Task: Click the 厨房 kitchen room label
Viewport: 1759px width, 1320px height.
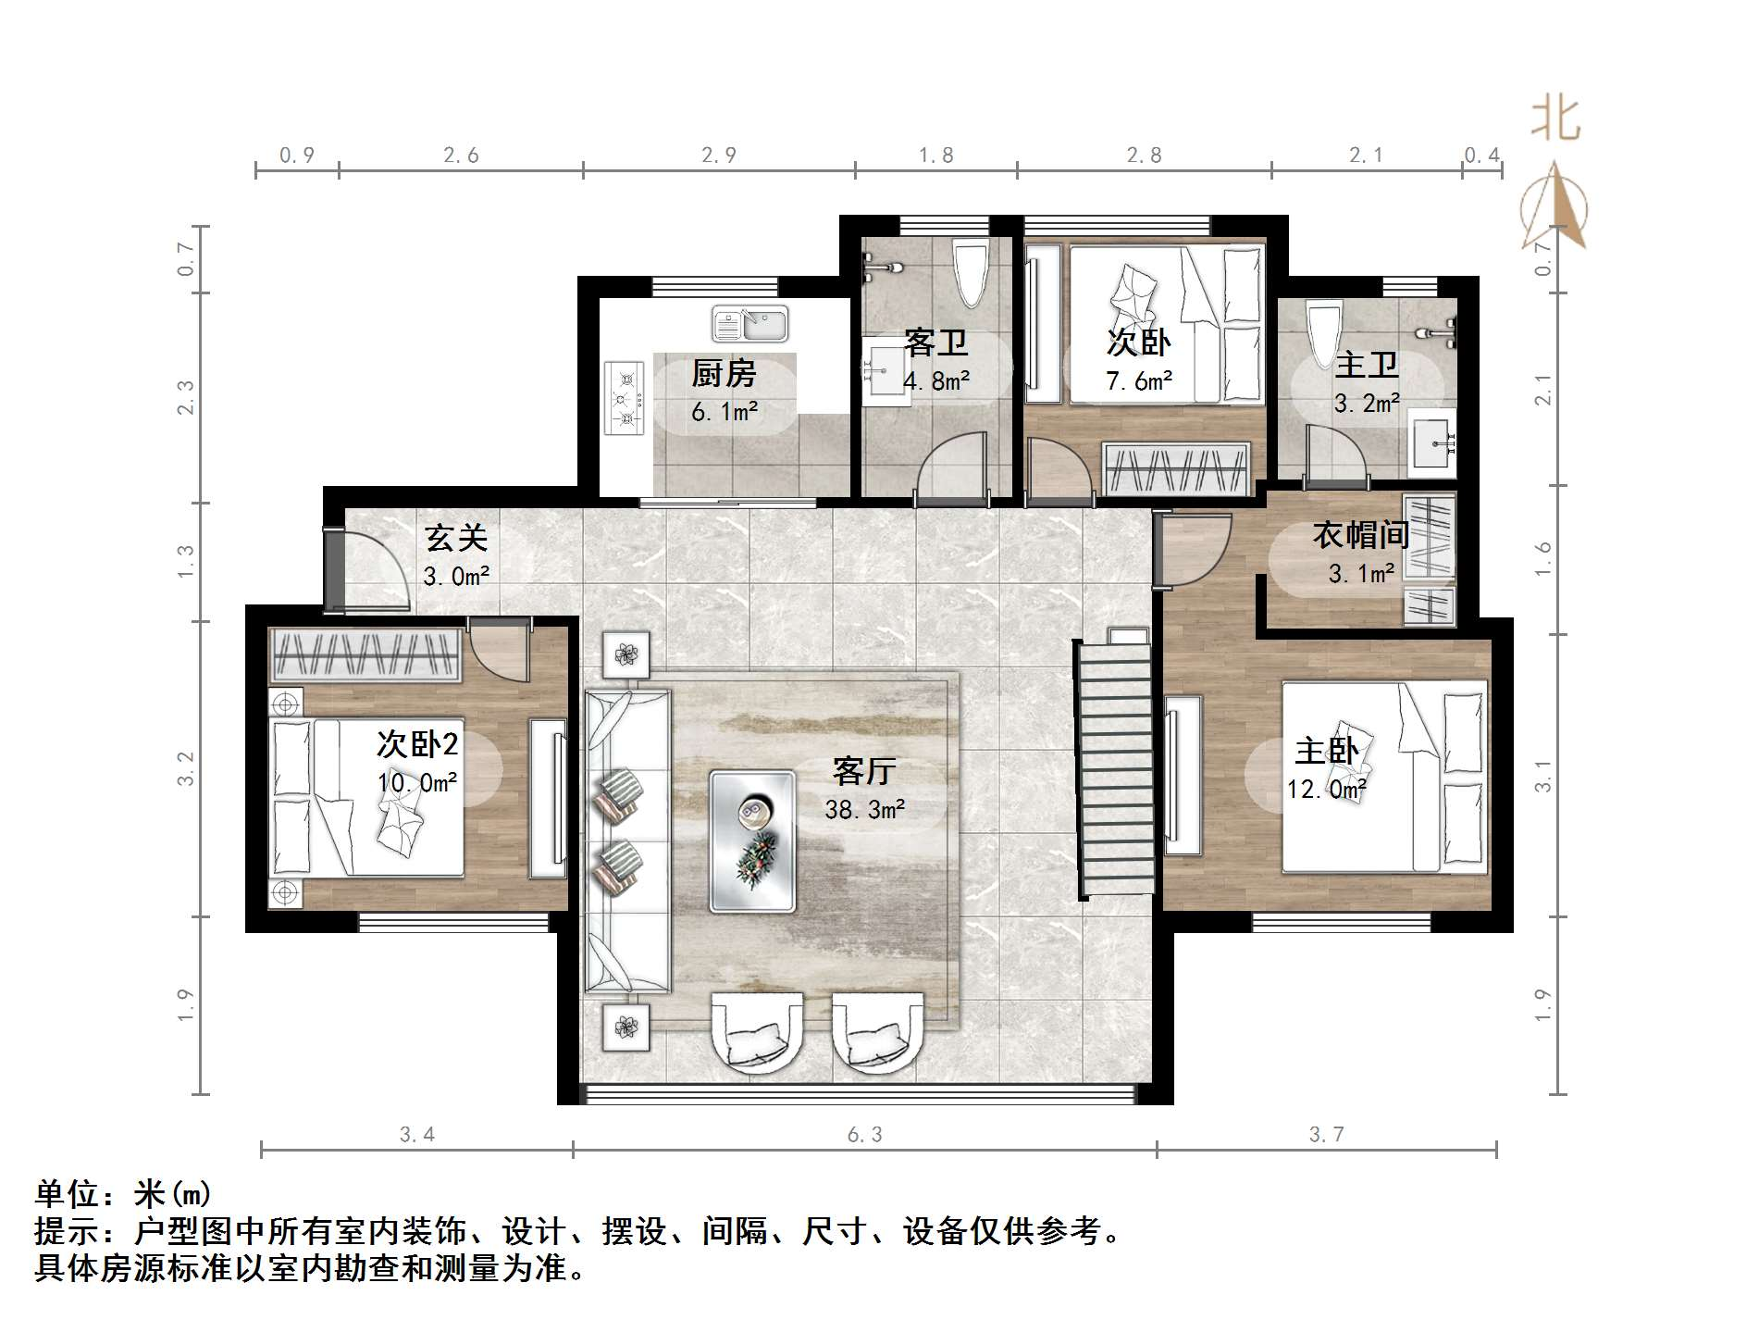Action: coord(724,374)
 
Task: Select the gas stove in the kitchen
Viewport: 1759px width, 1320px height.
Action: coord(625,398)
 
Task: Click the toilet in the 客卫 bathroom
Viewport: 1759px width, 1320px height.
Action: coord(971,271)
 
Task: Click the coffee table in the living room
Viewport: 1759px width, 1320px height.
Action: coord(752,841)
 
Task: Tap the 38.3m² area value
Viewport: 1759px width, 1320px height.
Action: coord(865,810)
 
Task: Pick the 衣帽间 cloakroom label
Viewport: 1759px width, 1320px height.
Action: coord(1360,535)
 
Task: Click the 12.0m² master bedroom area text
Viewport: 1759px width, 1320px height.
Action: coord(1326,789)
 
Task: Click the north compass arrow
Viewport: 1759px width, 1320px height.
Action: coord(1556,208)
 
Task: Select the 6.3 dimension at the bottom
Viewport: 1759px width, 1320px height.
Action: coord(865,1135)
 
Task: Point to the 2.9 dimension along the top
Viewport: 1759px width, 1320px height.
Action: coord(718,156)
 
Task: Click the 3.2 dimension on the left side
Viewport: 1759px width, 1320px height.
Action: coord(187,768)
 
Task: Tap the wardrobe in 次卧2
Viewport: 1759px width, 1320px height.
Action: coord(365,654)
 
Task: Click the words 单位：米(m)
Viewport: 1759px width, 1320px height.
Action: coord(124,1194)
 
